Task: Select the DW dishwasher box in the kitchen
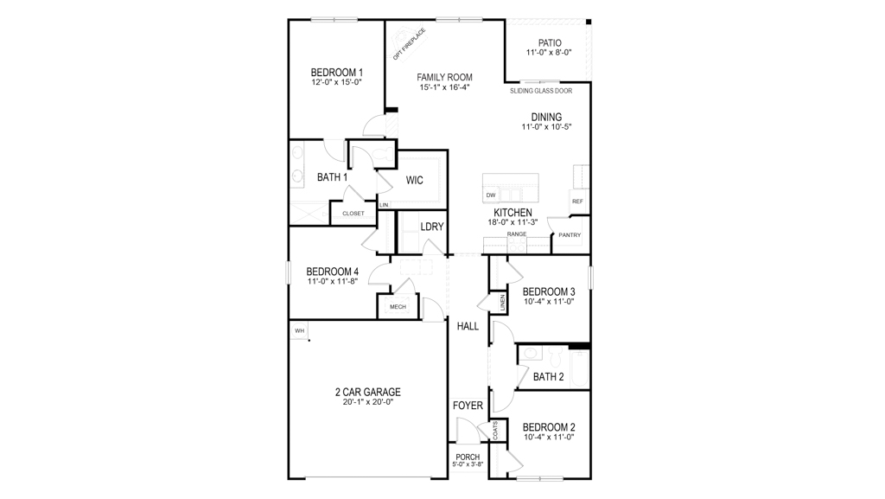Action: point(491,195)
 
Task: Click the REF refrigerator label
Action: point(577,202)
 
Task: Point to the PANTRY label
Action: point(570,235)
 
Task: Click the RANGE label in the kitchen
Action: point(517,234)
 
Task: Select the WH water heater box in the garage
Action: point(299,330)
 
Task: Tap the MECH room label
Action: point(398,307)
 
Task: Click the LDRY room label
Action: point(432,227)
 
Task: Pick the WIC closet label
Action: point(414,180)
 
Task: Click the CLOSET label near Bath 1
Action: point(353,214)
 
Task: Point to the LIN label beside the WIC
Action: point(384,205)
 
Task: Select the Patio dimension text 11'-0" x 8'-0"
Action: point(549,53)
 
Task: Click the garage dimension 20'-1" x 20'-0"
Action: point(367,402)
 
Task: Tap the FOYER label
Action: point(468,406)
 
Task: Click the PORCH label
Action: point(468,457)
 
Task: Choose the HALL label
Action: point(468,326)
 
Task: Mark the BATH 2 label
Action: point(548,377)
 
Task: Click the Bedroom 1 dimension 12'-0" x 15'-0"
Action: point(336,83)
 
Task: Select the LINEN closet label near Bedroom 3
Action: point(502,303)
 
